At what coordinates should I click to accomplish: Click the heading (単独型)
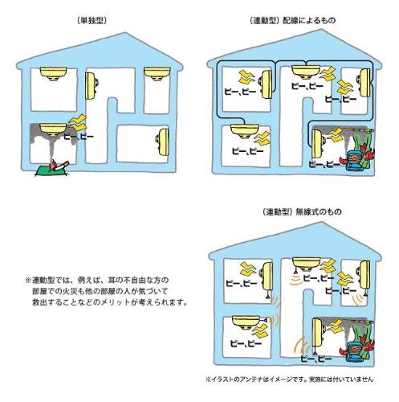92,21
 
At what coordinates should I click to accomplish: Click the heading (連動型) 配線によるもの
292,20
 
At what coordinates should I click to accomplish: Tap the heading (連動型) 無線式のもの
302,211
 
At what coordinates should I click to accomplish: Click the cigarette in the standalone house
60,166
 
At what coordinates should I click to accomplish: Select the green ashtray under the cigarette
51,171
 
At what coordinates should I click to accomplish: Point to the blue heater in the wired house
355,161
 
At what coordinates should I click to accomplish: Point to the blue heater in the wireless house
356,351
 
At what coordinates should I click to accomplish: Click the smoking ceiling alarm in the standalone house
53,129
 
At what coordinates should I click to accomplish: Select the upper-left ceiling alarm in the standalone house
53,73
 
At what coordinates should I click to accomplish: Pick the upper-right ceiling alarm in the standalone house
157,73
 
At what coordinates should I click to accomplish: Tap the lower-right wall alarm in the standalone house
162,142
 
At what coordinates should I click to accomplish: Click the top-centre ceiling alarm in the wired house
306,72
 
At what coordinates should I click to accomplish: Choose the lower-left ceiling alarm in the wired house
245,130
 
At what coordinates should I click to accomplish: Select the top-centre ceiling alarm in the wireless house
307,264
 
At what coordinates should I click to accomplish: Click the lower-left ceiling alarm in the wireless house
246,322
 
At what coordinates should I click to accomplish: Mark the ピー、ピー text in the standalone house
79,137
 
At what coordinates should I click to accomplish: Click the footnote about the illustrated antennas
289,379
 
